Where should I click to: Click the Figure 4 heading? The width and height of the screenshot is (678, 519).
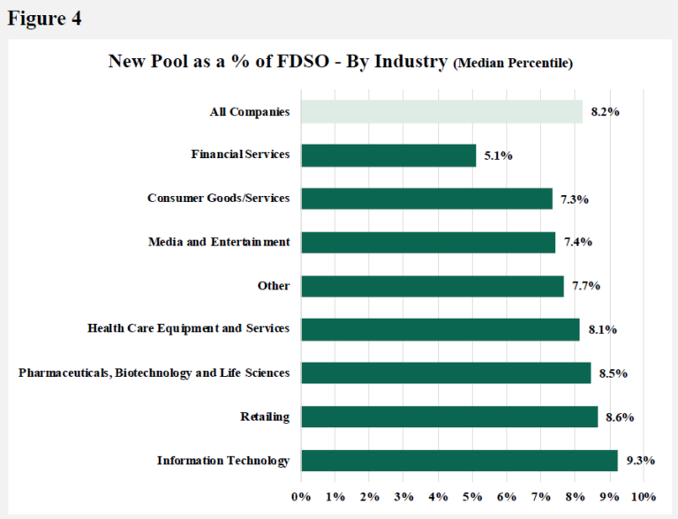pyautogui.click(x=45, y=19)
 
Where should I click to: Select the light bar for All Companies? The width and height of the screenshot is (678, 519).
pyautogui.click(x=441, y=111)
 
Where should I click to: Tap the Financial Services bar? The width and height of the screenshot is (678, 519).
pyautogui.click(x=388, y=155)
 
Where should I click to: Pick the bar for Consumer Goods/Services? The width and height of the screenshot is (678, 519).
pyautogui.click(x=426, y=199)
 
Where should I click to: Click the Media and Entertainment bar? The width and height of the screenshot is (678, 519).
pyautogui.click(x=428, y=242)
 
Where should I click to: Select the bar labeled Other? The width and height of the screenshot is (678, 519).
pyautogui.click(x=433, y=286)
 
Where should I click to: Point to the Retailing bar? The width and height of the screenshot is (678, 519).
pyautogui.click(x=449, y=417)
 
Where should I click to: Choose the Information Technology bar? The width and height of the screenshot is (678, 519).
pyautogui.click(x=459, y=460)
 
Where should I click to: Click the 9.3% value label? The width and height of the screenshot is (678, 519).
pyautogui.click(x=640, y=461)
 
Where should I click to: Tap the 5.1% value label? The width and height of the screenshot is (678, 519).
pyautogui.click(x=498, y=155)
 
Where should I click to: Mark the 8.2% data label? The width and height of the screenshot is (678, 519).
pyautogui.click(x=604, y=112)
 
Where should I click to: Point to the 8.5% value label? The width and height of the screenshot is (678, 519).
pyautogui.click(x=613, y=373)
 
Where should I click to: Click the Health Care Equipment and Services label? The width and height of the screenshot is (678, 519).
pyautogui.click(x=188, y=328)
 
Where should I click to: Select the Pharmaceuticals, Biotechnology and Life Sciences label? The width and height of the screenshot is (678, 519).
pyautogui.click(x=154, y=372)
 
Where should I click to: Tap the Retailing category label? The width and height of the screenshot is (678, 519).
pyautogui.click(x=265, y=417)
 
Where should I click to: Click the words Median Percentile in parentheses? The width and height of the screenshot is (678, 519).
pyautogui.click(x=512, y=63)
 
